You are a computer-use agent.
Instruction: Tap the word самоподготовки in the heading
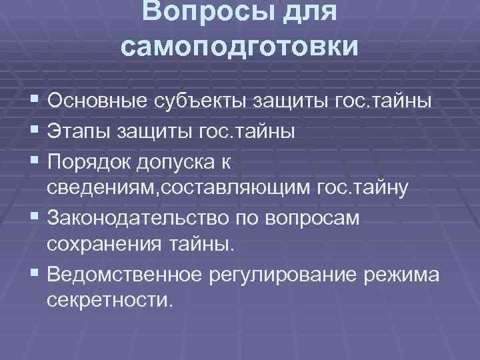click(x=240, y=48)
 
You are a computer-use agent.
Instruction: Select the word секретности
click(x=109, y=301)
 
